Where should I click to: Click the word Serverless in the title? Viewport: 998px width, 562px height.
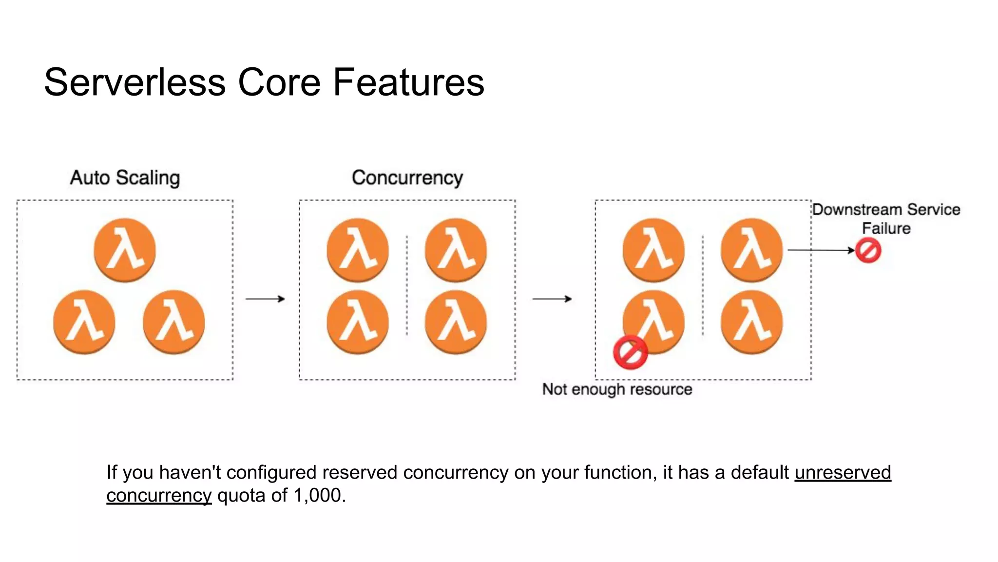(135, 82)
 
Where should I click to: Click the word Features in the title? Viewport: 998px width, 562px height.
(408, 82)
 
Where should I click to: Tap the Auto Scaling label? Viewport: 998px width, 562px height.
(125, 178)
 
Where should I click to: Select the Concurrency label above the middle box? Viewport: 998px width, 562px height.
(407, 178)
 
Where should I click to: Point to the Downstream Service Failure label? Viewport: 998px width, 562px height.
(886, 219)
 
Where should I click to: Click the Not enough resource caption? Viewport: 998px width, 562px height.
(617, 389)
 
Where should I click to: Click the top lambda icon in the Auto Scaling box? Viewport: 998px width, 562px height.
(125, 250)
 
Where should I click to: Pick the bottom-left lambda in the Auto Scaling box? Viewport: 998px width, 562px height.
(84, 322)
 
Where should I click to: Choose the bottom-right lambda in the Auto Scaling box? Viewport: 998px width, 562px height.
(174, 322)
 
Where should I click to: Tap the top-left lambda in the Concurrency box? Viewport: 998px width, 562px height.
(358, 250)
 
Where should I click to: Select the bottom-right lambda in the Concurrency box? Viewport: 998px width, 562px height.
(456, 322)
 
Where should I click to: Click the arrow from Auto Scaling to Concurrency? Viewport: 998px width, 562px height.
(265, 299)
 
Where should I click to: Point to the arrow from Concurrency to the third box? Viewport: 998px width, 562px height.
(552, 299)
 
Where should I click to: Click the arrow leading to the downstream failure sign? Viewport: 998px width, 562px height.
(821, 250)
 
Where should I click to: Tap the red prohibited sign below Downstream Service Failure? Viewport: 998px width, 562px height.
(868, 251)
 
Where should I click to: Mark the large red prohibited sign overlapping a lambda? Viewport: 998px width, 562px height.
(630, 352)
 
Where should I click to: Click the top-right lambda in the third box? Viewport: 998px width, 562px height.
(751, 250)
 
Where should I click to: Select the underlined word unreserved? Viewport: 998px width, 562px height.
(843, 472)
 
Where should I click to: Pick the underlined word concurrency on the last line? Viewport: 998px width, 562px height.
(159, 496)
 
